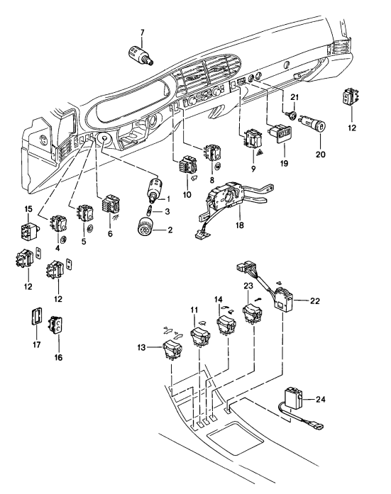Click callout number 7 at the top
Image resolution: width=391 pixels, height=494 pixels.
pyautogui.click(x=142, y=33)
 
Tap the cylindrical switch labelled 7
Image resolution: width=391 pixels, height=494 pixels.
pyautogui.click(x=141, y=55)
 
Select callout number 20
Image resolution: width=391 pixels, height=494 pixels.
pyautogui.click(x=320, y=155)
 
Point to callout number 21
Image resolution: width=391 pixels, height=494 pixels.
pyautogui.click(x=294, y=96)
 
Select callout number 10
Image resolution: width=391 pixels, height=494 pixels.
pyautogui.click(x=187, y=194)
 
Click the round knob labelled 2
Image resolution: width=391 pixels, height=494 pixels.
pyautogui.click(x=146, y=227)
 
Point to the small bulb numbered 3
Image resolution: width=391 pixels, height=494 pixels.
pyautogui.click(x=150, y=210)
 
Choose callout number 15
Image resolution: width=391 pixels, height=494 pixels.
pyautogui.click(x=28, y=209)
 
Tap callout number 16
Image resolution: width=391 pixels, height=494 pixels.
pyautogui.click(x=59, y=357)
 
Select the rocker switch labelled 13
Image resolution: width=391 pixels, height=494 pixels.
pyautogui.click(x=172, y=349)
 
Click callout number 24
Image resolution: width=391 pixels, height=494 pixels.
pyautogui.click(x=320, y=400)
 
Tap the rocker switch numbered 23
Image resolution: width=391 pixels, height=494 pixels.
pyautogui.click(x=253, y=313)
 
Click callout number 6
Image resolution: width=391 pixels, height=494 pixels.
pyautogui.click(x=110, y=234)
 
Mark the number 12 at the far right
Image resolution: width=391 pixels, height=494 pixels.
pyautogui.click(x=352, y=128)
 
